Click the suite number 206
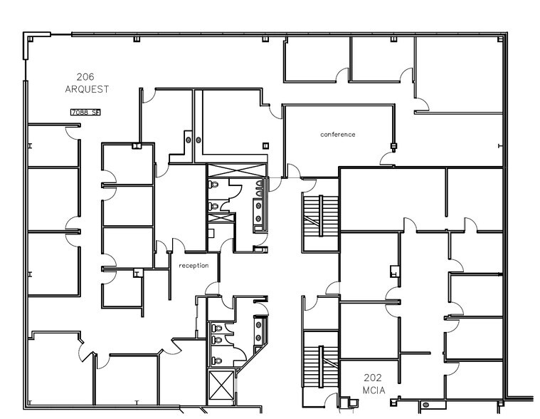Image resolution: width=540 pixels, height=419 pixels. [85, 77]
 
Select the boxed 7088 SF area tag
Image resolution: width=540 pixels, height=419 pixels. [85, 112]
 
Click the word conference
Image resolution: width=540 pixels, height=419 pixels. [337, 134]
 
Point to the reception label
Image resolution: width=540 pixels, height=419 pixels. [194, 266]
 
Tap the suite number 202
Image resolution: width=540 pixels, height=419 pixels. [374, 378]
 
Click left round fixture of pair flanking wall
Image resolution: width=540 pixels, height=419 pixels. [189, 140]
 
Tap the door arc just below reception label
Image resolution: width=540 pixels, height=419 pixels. [211, 288]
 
